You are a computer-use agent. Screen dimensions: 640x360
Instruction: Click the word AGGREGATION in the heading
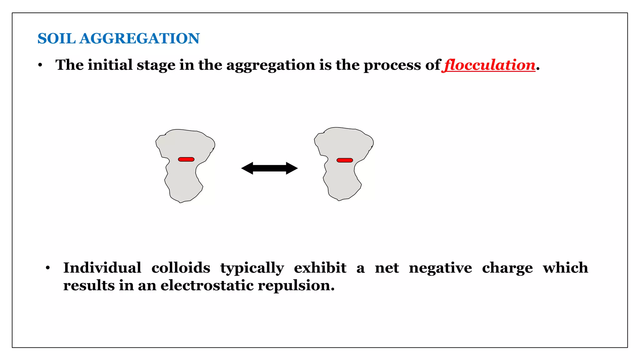click(x=139, y=39)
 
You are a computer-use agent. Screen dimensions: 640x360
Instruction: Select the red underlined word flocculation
click(x=490, y=65)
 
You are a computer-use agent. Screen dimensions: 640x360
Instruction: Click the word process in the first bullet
click(x=392, y=66)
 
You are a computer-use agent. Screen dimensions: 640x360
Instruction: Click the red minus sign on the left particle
click(x=186, y=159)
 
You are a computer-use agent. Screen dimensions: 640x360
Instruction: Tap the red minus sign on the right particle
click(x=345, y=160)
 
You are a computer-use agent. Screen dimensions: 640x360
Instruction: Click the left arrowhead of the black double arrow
click(x=247, y=168)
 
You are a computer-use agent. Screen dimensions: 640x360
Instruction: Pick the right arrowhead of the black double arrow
click(x=292, y=168)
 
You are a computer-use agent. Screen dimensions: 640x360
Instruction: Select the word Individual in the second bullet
click(x=102, y=268)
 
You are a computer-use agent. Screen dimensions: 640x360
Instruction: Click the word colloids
click(x=181, y=268)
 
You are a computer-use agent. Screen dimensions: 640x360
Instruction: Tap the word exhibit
click(x=320, y=268)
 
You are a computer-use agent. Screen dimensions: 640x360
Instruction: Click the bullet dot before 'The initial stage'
click(x=40, y=65)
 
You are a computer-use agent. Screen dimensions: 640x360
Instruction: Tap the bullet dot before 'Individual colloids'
click(x=47, y=268)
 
